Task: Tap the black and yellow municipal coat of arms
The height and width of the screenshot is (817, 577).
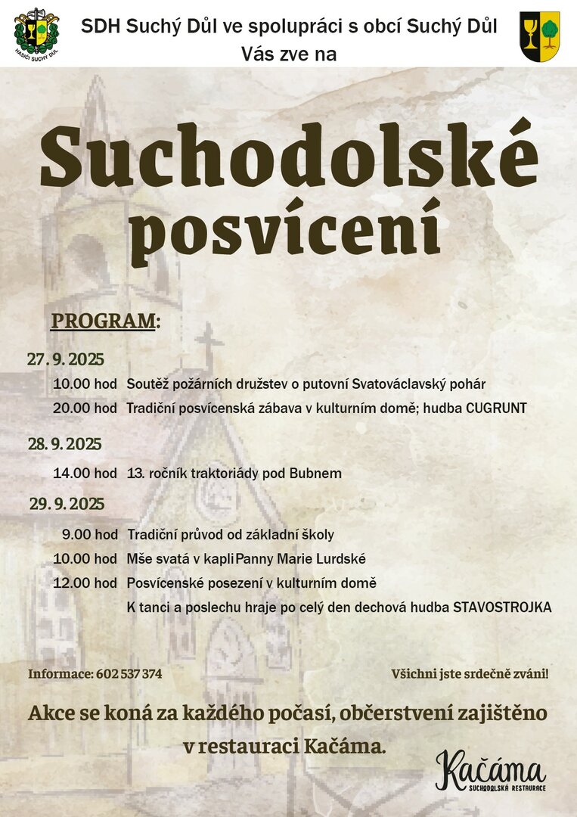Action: [x=540, y=36]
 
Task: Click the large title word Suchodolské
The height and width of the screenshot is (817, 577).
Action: [x=289, y=158]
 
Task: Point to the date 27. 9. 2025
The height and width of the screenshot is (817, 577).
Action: [x=66, y=359]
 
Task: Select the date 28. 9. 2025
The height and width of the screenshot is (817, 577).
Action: [x=65, y=444]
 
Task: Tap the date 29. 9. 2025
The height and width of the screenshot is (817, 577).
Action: [x=67, y=504]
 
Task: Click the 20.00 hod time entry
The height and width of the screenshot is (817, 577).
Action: [x=85, y=408]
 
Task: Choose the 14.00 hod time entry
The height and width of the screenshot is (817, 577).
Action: [x=85, y=474]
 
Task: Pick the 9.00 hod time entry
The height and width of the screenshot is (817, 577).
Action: [x=89, y=535]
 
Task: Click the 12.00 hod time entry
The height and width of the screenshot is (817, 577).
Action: [x=85, y=583]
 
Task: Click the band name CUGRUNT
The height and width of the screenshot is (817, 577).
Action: [x=496, y=408]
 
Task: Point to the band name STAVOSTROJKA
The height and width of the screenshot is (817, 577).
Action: [x=502, y=607]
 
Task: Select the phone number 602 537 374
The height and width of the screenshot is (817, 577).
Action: [x=129, y=673]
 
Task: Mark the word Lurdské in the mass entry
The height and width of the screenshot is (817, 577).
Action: [x=343, y=559]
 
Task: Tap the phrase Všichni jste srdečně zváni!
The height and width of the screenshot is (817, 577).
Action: [x=470, y=673]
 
